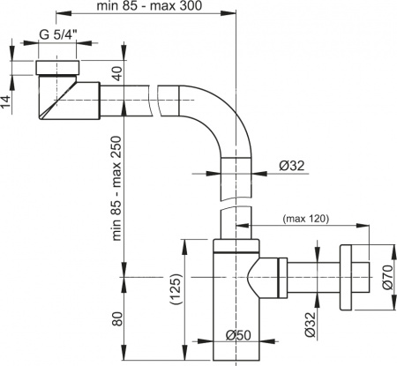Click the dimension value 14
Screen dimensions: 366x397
coord(7,102)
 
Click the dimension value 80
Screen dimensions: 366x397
coord(117,317)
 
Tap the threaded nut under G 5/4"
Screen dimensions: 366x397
coord(61,69)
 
